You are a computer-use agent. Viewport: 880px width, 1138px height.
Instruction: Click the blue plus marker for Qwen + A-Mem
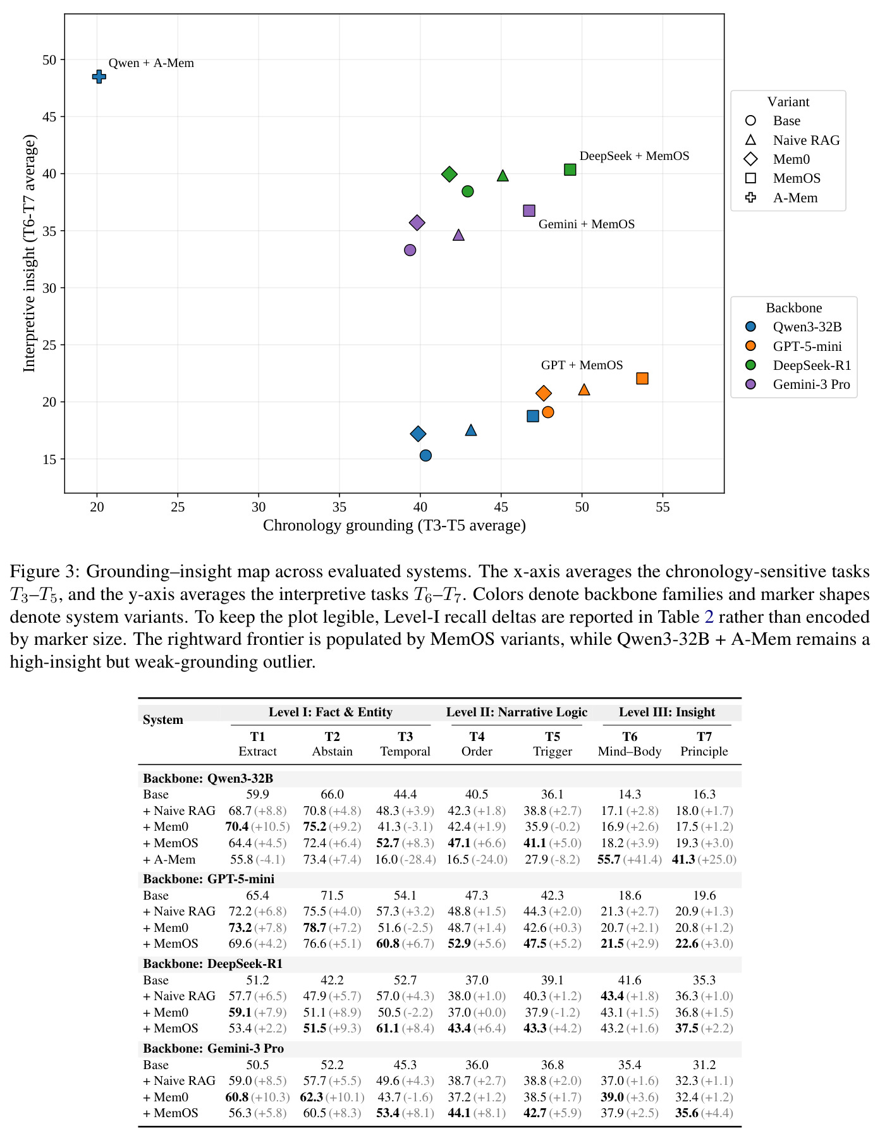click(99, 76)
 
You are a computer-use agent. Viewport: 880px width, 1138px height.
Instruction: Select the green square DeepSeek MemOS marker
click(570, 169)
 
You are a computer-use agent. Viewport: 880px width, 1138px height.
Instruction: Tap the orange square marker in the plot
click(642, 378)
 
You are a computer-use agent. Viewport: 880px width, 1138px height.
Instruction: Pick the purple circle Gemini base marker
click(410, 250)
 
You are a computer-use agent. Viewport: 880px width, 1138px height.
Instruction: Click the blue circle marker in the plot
click(425, 455)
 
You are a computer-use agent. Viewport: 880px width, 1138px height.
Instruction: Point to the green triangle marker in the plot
click(503, 176)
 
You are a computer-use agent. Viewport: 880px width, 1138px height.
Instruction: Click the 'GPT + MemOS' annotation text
click(582, 365)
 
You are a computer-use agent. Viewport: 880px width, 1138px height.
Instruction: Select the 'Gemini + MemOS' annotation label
click(587, 224)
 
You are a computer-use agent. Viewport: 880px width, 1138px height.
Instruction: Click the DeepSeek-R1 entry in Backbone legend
click(799, 365)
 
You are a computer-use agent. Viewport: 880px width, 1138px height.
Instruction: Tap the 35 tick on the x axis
click(339, 506)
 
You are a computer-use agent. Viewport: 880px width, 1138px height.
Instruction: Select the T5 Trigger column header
click(553, 744)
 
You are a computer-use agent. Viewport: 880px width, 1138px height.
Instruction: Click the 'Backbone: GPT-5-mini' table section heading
click(209, 879)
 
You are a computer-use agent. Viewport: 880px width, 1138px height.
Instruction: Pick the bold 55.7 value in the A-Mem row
click(609, 859)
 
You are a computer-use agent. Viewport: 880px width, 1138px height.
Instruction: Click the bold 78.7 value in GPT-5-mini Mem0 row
click(315, 927)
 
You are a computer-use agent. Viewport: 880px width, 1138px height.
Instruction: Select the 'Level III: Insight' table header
click(667, 712)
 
